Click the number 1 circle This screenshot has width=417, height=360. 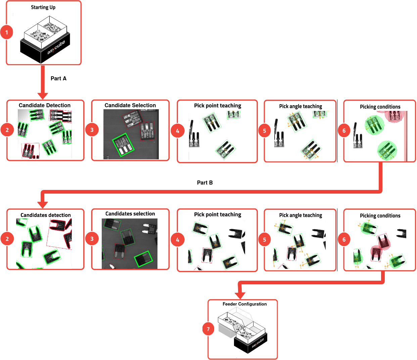7,33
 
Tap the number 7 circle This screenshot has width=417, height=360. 208,329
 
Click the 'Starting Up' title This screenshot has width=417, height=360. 43,7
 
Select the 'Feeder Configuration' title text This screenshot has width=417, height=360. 244,304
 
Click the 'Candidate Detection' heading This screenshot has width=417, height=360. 45,105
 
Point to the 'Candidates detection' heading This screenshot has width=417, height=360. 46,215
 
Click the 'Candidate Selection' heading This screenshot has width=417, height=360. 130,105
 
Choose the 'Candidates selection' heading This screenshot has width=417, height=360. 130,214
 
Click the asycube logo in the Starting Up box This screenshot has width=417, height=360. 56,48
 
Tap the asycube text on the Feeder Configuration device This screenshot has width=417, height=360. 258,343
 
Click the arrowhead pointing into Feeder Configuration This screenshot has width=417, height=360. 240,295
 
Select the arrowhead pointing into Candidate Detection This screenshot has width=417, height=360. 43,96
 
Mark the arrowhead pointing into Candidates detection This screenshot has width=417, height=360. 43,204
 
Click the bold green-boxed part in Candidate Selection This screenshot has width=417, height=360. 123,145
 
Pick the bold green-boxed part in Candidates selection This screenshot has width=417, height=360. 143,259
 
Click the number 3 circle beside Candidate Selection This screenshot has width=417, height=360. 92,130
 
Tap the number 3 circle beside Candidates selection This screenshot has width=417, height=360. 92,239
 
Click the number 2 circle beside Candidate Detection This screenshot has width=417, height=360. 7,130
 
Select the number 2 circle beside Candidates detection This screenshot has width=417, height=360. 7,239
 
